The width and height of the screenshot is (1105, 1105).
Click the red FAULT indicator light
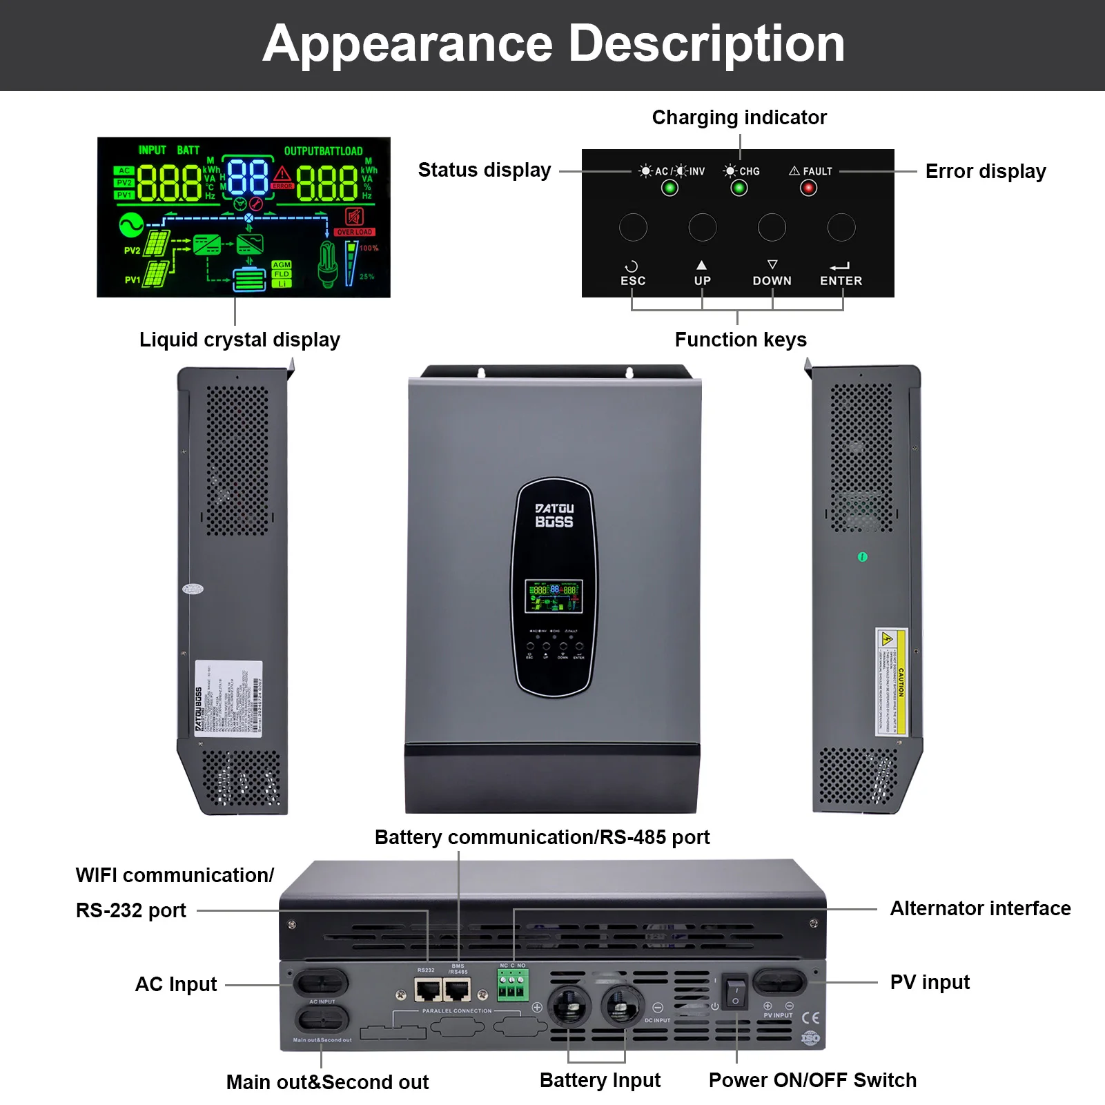(808, 188)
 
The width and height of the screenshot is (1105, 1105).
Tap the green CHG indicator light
(739, 188)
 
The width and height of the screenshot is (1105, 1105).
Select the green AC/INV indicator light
(669, 188)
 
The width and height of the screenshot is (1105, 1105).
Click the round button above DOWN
(772, 227)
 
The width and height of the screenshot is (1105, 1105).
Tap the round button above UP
(703, 227)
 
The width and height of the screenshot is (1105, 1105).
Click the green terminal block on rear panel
(513, 985)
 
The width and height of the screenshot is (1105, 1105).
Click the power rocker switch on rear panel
(735, 992)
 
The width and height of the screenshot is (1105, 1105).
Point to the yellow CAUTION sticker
(890, 681)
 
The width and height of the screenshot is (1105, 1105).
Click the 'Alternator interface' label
(980, 908)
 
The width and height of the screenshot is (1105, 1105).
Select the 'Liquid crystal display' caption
(239, 340)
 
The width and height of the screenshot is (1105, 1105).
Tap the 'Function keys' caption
(741, 340)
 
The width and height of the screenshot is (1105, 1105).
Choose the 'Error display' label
(985, 171)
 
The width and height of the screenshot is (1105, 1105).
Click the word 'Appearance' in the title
(408, 43)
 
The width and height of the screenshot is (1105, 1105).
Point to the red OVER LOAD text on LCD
(355, 232)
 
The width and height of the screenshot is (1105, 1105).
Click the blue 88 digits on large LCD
(248, 177)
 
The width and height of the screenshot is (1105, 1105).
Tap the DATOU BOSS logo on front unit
(554, 516)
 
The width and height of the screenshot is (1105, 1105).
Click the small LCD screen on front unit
(554, 596)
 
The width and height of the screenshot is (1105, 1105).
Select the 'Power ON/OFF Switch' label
(812, 1080)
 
